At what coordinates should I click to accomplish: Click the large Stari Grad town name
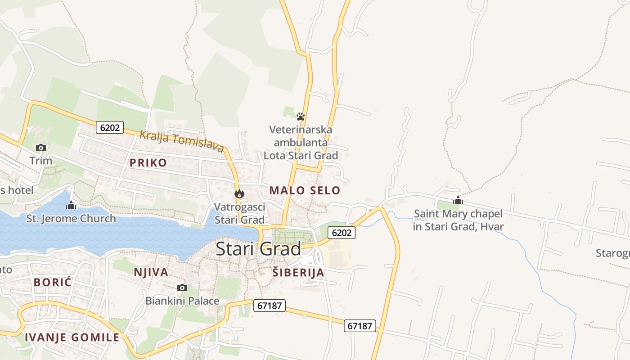258,249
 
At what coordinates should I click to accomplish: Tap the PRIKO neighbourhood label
148,163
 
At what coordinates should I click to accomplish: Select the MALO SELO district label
305,190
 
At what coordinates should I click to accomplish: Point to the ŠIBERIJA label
298,272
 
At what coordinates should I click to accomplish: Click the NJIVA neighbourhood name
151,272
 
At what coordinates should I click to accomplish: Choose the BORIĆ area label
53,282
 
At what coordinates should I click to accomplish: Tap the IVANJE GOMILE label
72,337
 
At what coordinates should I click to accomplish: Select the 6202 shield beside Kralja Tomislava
110,127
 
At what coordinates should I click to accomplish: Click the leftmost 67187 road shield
270,306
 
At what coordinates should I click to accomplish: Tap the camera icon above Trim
41,148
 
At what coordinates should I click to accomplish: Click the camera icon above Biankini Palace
182,288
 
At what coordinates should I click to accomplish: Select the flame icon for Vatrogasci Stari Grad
239,194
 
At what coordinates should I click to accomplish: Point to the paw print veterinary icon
301,117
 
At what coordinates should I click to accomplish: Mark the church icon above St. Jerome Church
71,206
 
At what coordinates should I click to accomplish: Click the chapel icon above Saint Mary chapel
458,200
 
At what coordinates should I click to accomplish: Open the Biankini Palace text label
182,301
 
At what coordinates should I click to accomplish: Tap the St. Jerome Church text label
71,219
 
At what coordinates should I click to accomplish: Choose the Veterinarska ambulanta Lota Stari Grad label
301,143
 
